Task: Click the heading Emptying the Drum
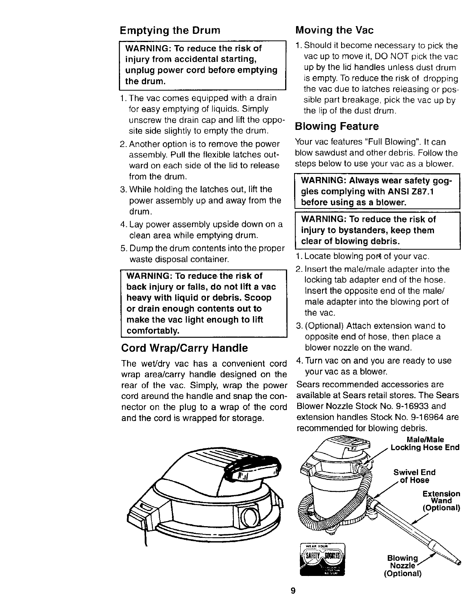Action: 170,30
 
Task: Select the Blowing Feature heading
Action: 336,126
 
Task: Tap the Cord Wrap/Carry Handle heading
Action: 184,347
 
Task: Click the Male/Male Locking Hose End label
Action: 425,444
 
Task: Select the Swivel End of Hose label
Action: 414,476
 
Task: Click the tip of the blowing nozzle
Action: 457,562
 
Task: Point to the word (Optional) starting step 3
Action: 324,326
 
